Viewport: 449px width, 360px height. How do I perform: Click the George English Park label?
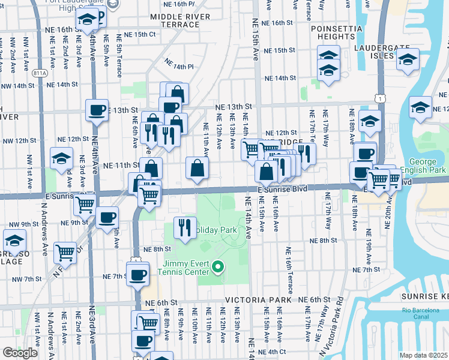coord(427,166)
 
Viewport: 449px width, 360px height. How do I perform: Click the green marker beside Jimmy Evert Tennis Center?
coord(218,267)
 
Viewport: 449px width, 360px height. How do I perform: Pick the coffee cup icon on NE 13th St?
coord(97,110)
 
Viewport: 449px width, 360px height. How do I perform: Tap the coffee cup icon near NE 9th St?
coord(107,218)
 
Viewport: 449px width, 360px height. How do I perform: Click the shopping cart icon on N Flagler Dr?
coord(65,251)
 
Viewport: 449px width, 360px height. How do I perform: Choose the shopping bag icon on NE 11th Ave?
coord(197,169)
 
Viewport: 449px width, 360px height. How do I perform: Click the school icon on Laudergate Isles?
coord(408,60)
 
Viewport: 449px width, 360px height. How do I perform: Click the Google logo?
coord(20,352)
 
